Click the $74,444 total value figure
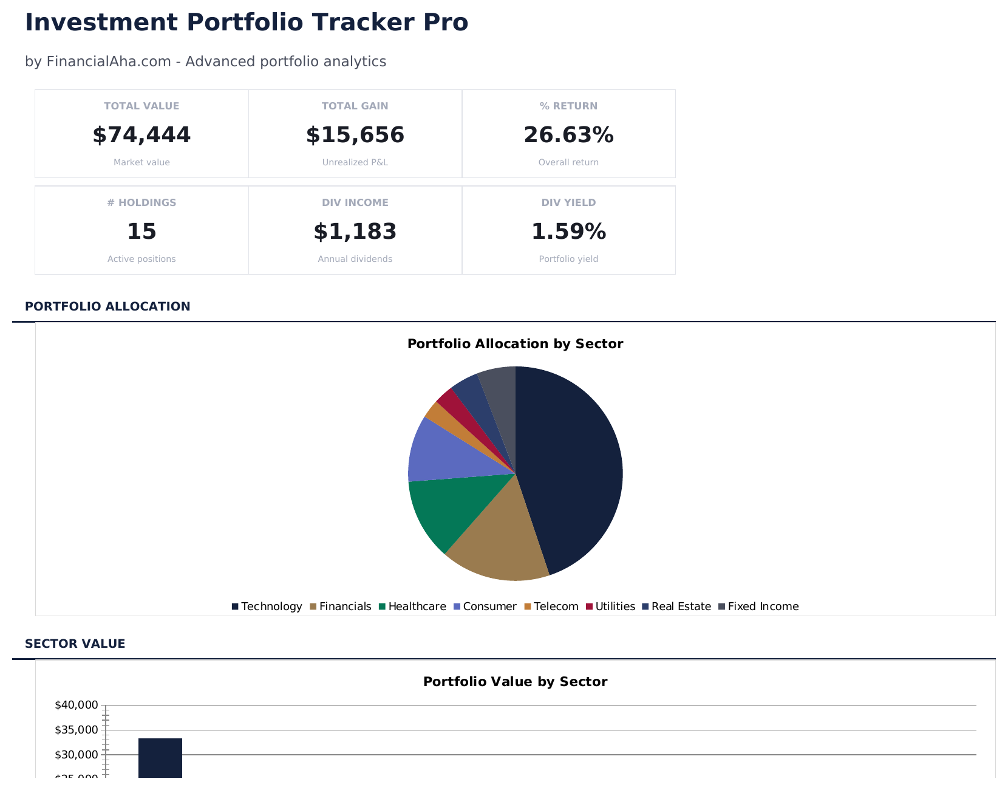point(141,135)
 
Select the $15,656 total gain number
point(355,135)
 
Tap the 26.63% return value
point(568,135)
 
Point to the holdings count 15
point(141,232)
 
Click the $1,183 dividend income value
point(355,232)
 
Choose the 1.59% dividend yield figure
point(568,232)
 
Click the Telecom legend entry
point(551,606)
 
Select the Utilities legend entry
point(610,606)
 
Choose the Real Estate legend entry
point(676,606)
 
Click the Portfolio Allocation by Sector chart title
point(515,344)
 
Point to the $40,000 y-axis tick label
point(76,705)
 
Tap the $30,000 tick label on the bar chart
point(76,755)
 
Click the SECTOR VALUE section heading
point(75,644)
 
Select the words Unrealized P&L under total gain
point(355,162)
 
